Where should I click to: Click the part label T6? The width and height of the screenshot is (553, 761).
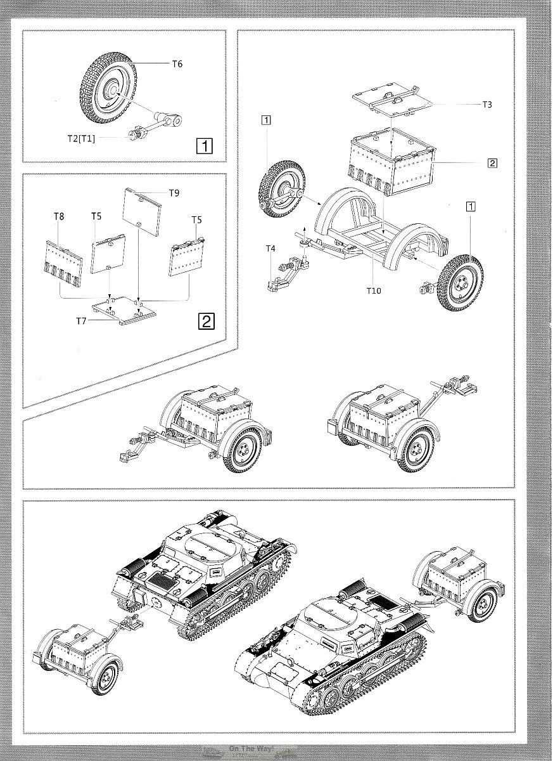click(177, 64)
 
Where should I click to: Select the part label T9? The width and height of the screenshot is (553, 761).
click(174, 192)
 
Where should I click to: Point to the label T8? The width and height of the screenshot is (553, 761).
click(59, 216)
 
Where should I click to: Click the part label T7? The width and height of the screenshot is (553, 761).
click(80, 321)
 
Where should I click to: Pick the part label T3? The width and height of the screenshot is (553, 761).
click(486, 105)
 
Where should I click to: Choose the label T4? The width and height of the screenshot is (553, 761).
click(270, 249)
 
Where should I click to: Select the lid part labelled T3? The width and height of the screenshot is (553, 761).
click(390, 98)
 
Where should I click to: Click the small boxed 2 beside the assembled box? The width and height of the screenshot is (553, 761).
click(492, 162)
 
